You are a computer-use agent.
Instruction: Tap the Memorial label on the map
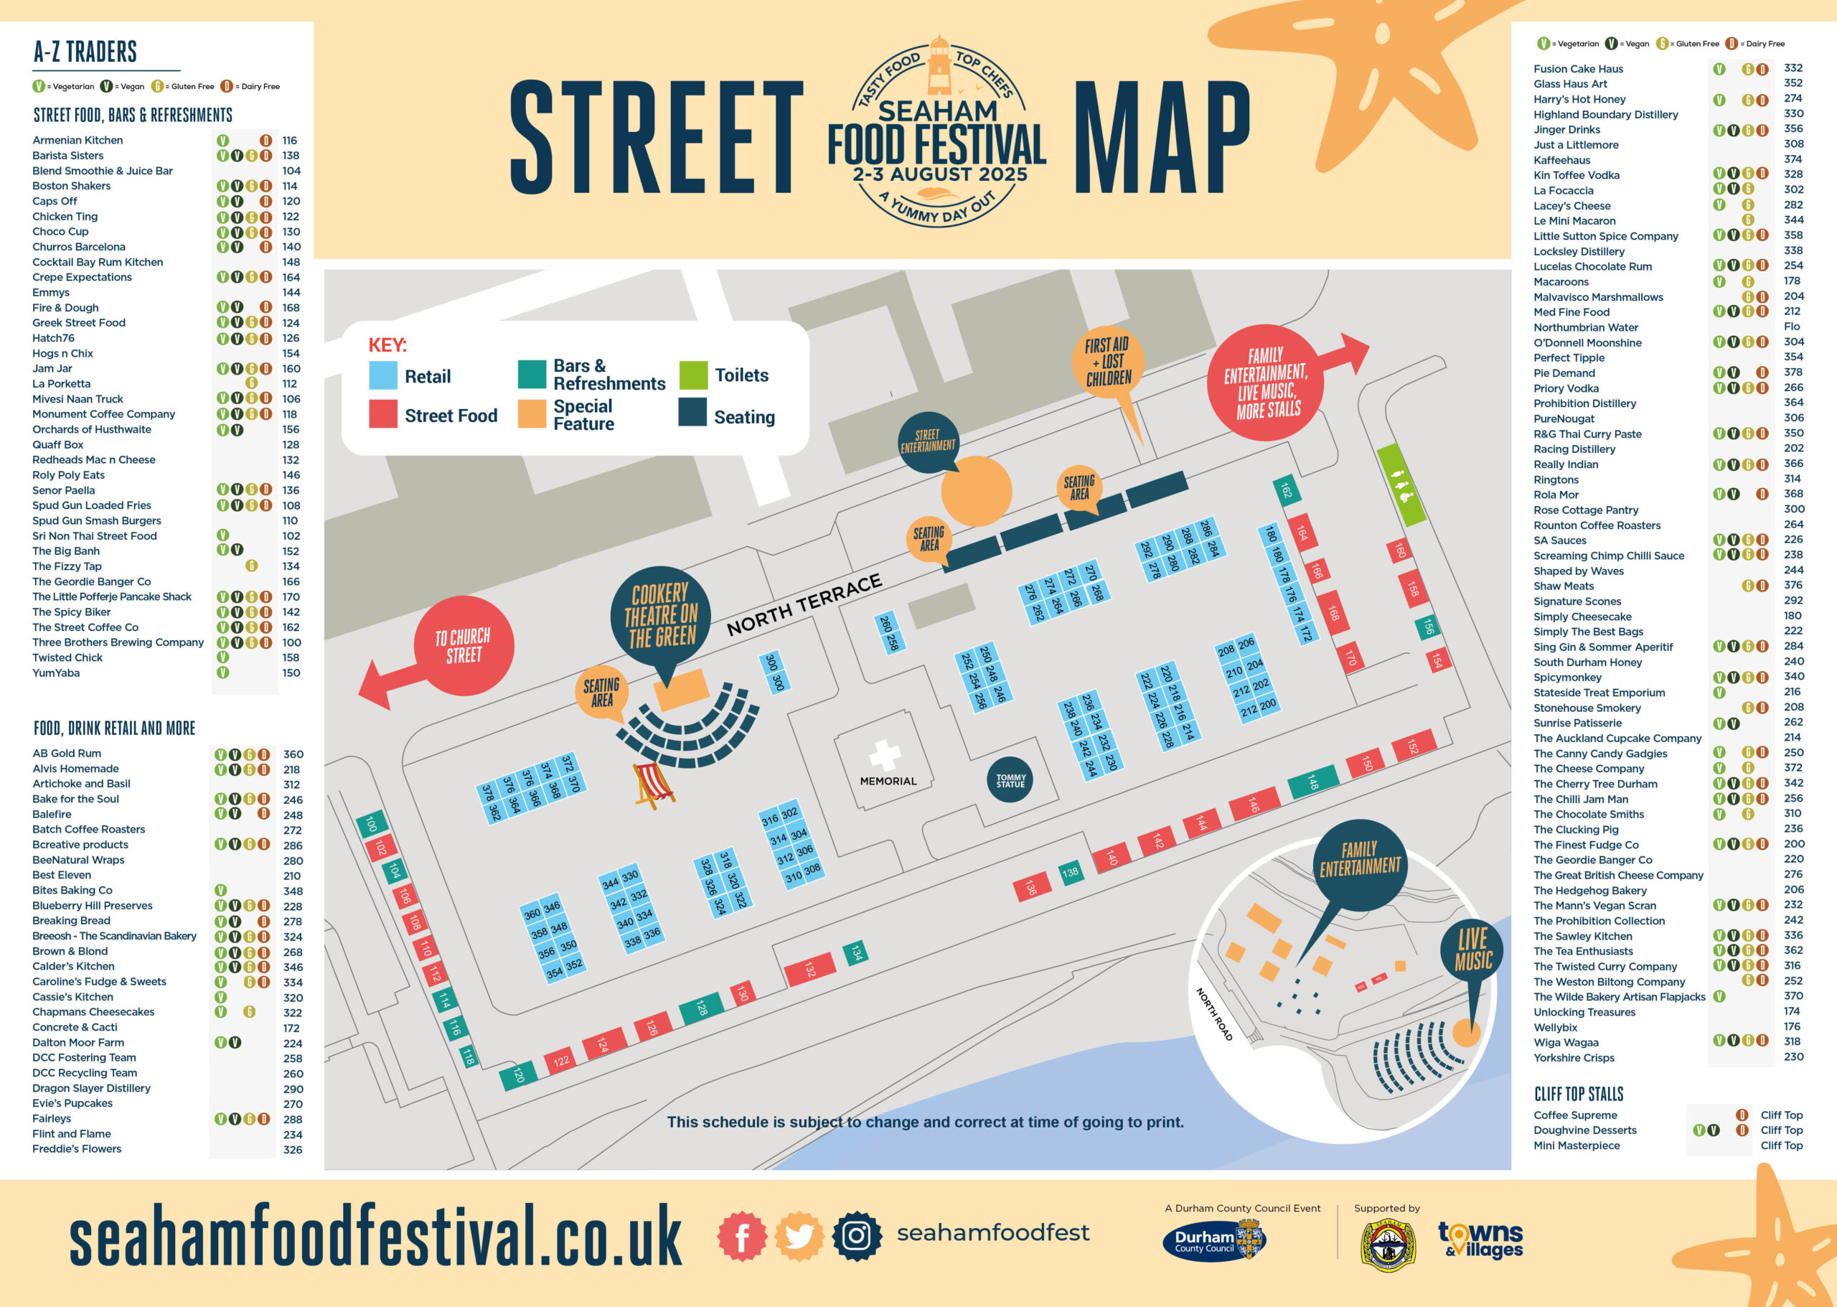click(888, 781)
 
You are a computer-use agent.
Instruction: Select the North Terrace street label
click(804, 604)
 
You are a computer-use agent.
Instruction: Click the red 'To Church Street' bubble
click(464, 645)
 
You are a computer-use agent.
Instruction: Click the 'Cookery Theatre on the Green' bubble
click(661, 616)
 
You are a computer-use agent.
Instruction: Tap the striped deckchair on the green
click(652, 784)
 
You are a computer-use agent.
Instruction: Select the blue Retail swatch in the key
click(383, 376)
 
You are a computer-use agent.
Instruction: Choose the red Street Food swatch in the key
click(383, 414)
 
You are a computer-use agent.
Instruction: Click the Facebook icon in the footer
click(741, 1235)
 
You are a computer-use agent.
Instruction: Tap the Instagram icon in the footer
click(856, 1235)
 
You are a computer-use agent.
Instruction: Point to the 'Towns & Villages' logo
click(1480, 1240)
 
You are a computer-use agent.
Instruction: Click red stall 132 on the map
click(809, 970)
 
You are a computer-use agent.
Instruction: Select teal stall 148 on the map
click(1312, 782)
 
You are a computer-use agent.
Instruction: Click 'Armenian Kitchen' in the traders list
click(77, 140)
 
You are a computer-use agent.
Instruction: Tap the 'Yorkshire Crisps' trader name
click(1573, 1057)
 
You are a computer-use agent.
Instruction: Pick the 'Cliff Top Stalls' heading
click(1578, 1094)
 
